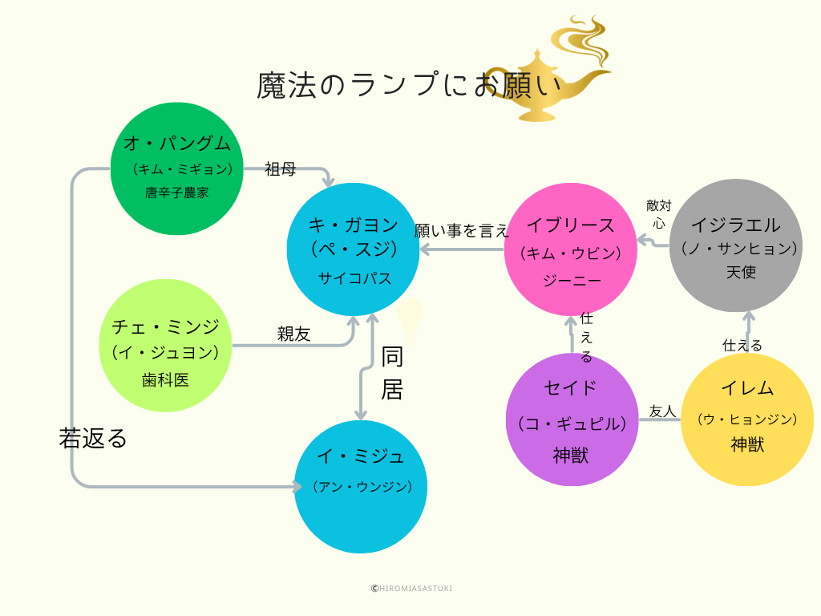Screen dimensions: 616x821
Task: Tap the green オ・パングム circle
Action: [x=176, y=168]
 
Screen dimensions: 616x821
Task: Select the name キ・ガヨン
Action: [x=354, y=225]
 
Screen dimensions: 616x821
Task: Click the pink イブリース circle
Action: [x=571, y=249]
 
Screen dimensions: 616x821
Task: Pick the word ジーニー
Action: [x=572, y=281]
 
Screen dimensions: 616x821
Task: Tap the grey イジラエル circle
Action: [x=735, y=245]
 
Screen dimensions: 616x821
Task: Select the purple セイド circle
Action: [x=572, y=419]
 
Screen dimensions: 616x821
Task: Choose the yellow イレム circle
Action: [x=746, y=419]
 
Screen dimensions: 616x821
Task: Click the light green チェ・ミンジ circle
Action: [x=165, y=346]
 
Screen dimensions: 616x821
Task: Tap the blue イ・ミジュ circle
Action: [x=361, y=486]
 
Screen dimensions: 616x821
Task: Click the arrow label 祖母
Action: [x=281, y=169]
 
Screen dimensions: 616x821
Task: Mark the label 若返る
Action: [x=93, y=438]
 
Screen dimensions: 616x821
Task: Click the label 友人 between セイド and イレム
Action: [x=662, y=411]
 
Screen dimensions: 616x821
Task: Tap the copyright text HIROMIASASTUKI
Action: [x=411, y=588]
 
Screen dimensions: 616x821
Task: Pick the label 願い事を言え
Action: [x=462, y=231]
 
